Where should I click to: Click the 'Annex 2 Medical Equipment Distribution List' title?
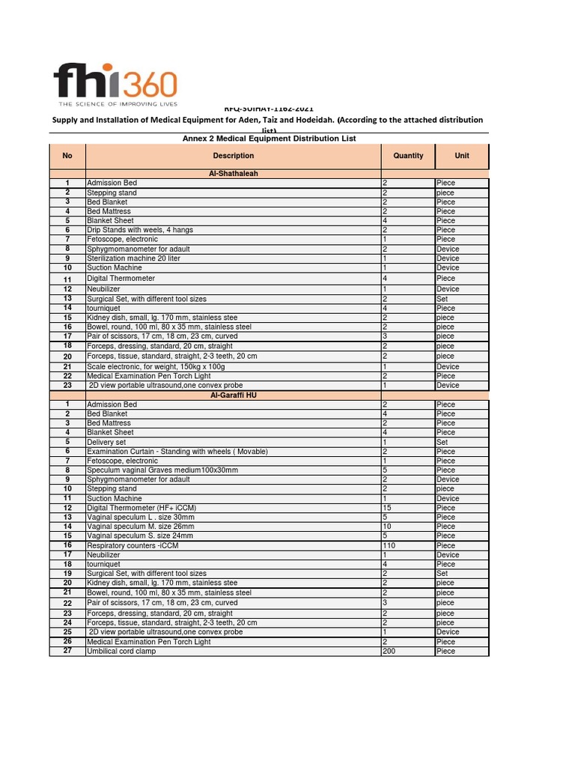click(x=269, y=139)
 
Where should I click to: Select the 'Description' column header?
click(x=234, y=156)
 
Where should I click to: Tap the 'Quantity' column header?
click(x=408, y=156)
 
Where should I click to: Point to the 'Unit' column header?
click(x=462, y=156)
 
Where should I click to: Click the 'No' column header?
click(x=67, y=156)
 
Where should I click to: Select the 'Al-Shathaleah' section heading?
click(x=234, y=174)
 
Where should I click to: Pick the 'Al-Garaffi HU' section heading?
click(x=234, y=395)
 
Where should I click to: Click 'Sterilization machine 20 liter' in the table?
click(x=134, y=258)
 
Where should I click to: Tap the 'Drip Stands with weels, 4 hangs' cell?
click(x=140, y=230)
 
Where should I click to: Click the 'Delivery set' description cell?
click(x=107, y=442)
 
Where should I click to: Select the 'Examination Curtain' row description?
click(x=177, y=452)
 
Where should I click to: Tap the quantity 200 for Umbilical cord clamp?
click(x=389, y=651)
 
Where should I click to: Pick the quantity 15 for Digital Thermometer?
click(x=387, y=508)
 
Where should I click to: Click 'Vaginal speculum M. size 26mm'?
click(x=141, y=527)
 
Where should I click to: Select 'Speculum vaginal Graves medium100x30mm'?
click(x=162, y=470)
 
